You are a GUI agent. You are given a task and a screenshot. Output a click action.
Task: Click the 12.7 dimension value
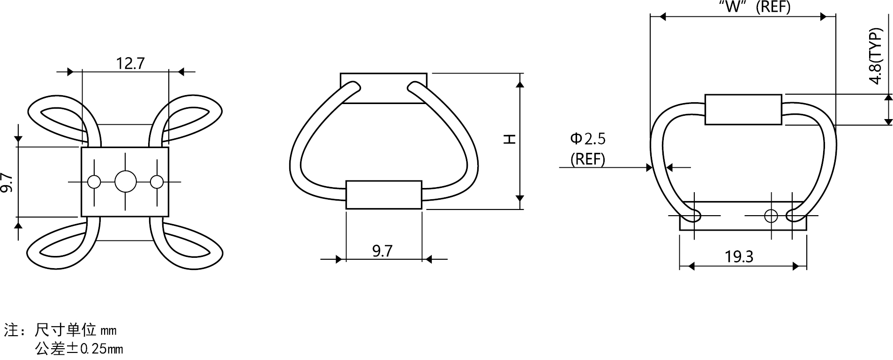[x=131, y=63]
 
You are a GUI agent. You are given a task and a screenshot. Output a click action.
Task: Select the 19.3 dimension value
[x=739, y=256]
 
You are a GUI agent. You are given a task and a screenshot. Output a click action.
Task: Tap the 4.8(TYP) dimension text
[x=875, y=56]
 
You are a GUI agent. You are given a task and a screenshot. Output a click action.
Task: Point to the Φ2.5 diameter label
[x=588, y=138]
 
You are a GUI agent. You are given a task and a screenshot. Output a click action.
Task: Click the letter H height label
[x=510, y=139]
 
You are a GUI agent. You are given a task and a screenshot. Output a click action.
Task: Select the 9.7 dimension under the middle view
[x=382, y=251]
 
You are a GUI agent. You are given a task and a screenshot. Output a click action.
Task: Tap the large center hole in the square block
[x=126, y=181]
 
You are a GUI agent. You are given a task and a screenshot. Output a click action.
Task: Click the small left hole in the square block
[x=94, y=181]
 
